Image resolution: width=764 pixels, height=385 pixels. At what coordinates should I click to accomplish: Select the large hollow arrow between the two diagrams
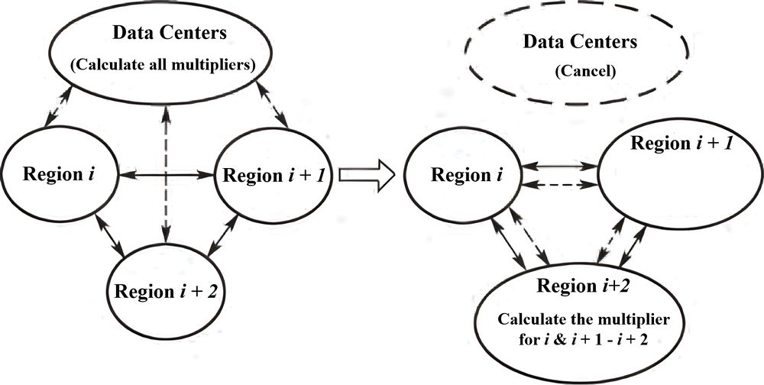click(365, 176)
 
